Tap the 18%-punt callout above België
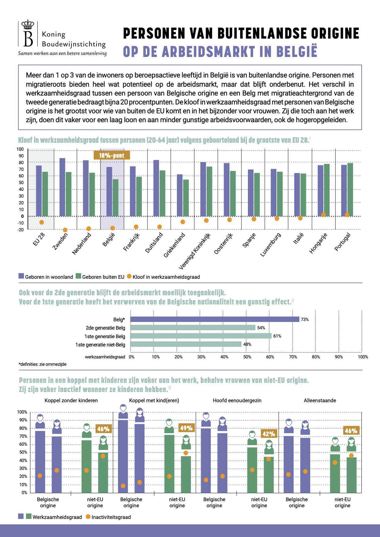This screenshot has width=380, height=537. tap(112, 155)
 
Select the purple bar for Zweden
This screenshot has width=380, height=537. tap(62, 187)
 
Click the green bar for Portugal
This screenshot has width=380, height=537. tap(350, 190)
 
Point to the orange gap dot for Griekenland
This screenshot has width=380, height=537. tap(183, 222)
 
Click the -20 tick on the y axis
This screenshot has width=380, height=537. tap(21, 230)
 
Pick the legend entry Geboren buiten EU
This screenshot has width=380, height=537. tap(100, 277)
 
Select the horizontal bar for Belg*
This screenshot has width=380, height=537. tap(215, 320)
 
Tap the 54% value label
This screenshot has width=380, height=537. tap(261, 328)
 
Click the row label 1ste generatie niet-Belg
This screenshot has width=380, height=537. tap(100, 345)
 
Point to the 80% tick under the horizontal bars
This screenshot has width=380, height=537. tap(316, 357)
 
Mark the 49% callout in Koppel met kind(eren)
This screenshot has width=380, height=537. tap(186, 428)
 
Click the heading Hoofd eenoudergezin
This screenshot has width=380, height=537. tap(237, 400)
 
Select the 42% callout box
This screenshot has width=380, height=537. tap(269, 434)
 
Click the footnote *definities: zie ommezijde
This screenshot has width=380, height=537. tap(43, 364)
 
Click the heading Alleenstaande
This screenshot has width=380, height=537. tap(320, 400)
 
